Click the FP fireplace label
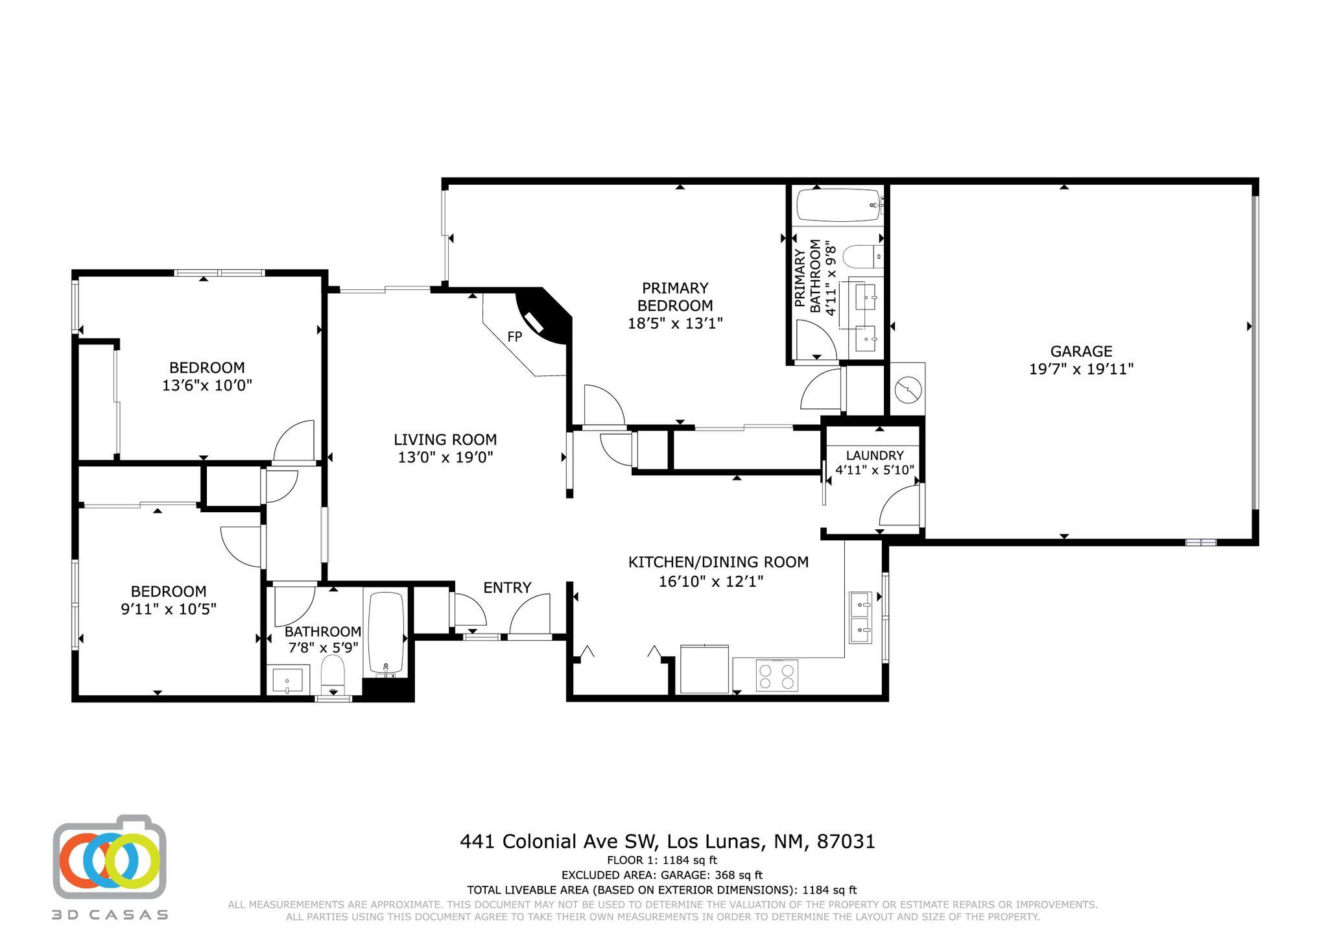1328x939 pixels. (514, 337)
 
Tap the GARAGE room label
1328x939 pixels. (1081, 351)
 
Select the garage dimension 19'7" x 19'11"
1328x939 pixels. (1081, 370)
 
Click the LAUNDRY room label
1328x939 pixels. (874, 455)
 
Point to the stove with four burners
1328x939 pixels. (777, 676)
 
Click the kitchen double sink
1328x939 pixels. (861, 617)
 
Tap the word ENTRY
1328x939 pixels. (507, 588)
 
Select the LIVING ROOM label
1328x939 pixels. (445, 440)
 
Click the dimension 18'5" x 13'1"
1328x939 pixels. (675, 323)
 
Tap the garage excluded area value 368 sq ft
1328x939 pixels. (739, 875)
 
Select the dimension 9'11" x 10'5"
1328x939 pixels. (169, 609)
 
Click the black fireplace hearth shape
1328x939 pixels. (549, 318)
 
